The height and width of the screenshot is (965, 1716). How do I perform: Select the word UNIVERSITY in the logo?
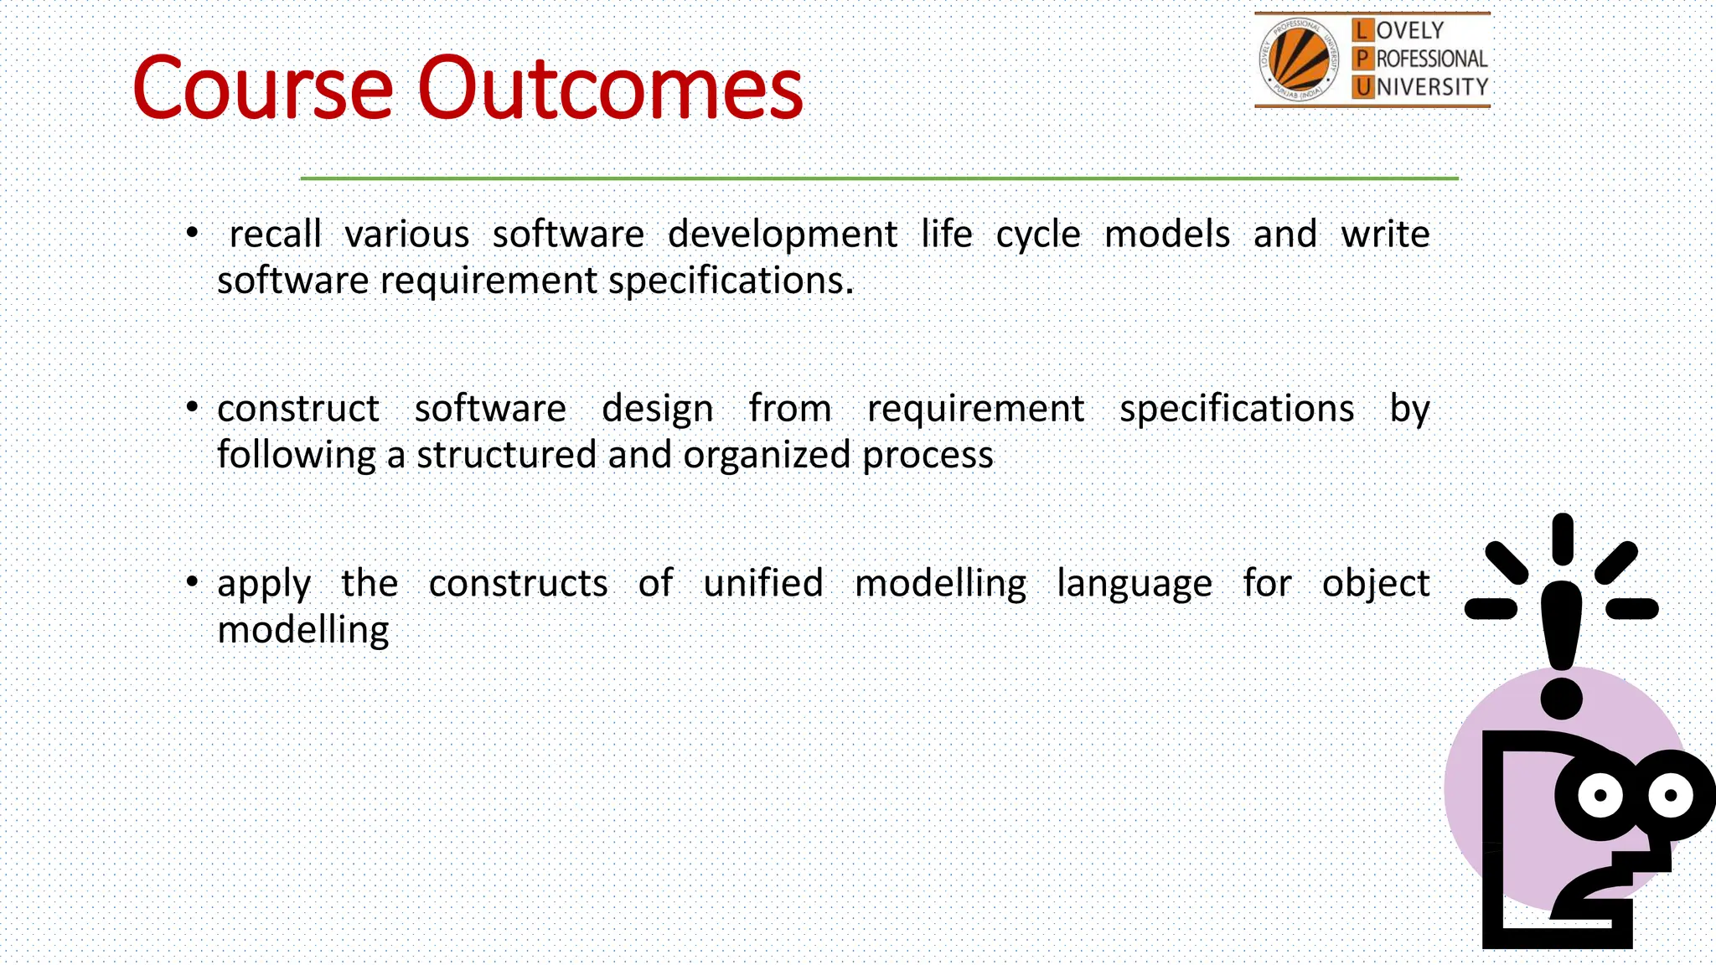(x=1431, y=87)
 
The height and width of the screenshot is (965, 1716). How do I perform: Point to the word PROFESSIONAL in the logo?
(x=1431, y=59)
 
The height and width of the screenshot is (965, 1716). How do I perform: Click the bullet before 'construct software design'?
(x=193, y=408)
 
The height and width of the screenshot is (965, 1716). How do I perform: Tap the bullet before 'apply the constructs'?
(x=193, y=581)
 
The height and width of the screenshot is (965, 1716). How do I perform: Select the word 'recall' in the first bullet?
(x=275, y=234)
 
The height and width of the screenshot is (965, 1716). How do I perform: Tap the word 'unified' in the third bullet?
(x=762, y=583)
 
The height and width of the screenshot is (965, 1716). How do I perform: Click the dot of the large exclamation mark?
(x=1561, y=698)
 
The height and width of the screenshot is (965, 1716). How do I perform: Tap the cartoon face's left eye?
(x=1600, y=795)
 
